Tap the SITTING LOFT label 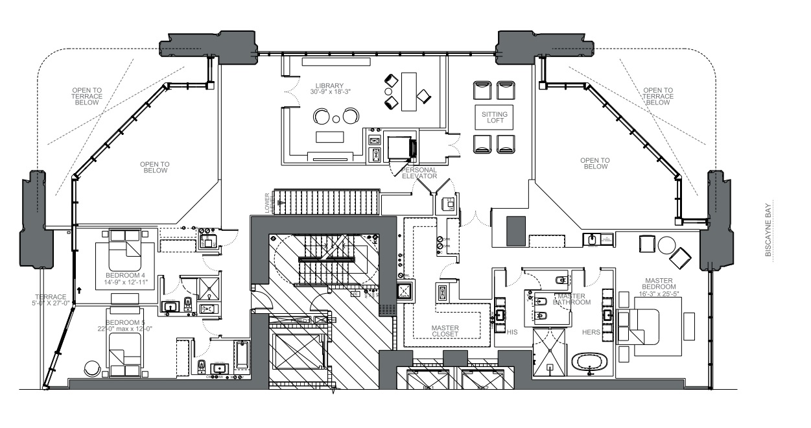tap(494, 118)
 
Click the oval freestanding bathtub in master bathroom tap(591, 362)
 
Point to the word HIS tap(512, 331)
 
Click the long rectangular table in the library tap(409, 91)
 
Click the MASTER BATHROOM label tap(572, 299)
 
